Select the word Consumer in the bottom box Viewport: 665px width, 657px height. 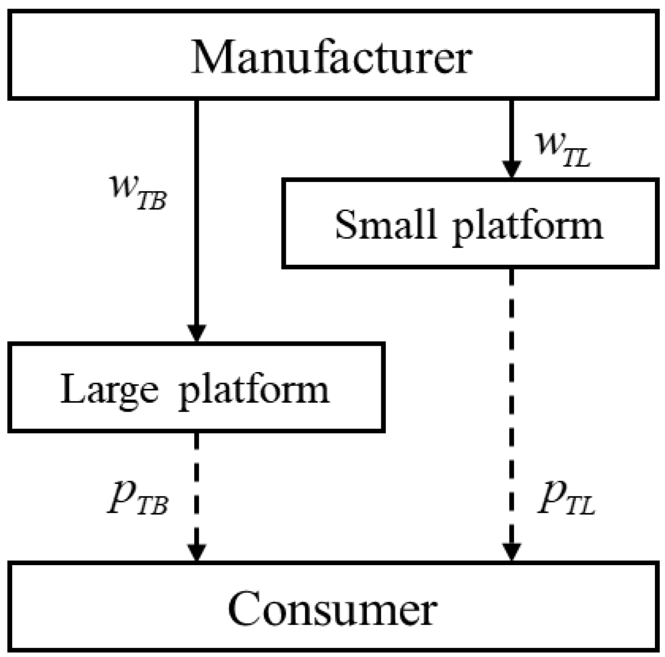coord(332,608)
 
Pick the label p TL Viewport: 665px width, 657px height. coord(566,499)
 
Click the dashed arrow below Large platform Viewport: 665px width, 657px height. coord(197,485)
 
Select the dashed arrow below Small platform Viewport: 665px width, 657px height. coord(511,401)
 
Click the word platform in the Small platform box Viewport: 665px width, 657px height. coord(528,226)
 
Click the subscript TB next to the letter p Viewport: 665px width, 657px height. coord(152,507)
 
